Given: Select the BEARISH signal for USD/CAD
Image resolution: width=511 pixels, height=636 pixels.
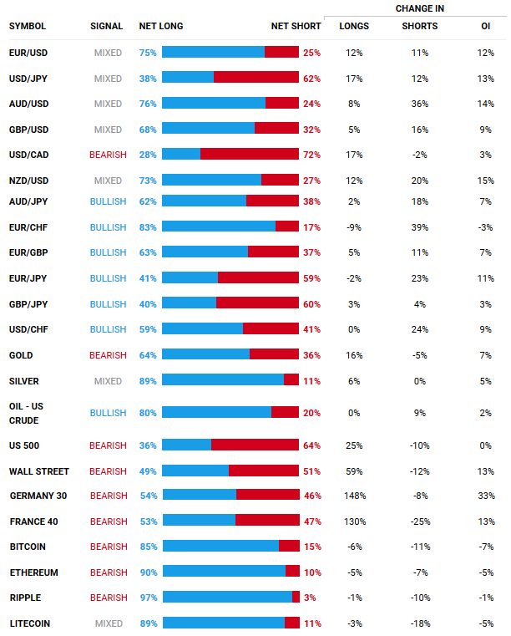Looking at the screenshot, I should (x=108, y=155).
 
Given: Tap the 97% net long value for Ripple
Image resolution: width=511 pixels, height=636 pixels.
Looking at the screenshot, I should (x=148, y=598).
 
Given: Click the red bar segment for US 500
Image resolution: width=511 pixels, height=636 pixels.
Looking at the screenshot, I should (x=255, y=445).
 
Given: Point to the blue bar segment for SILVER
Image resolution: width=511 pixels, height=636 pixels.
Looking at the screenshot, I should (x=223, y=379).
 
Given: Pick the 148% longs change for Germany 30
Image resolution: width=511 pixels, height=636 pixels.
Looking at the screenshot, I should (x=354, y=496).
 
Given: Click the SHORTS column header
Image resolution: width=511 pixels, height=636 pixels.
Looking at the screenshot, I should (x=419, y=26).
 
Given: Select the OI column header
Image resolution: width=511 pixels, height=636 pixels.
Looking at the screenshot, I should (x=485, y=26).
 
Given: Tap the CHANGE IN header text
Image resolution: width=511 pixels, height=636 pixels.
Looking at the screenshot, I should (x=419, y=8).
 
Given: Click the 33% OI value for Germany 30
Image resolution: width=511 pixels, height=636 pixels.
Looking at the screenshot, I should (x=485, y=496).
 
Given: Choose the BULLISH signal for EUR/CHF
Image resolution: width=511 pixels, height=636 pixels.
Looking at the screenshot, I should (x=108, y=226).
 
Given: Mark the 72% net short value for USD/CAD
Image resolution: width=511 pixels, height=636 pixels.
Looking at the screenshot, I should (x=311, y=155).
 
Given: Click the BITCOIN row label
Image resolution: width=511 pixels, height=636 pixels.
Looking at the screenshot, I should (x=28, y=547).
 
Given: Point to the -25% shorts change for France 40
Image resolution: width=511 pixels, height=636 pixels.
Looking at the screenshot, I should (x=419, y=522).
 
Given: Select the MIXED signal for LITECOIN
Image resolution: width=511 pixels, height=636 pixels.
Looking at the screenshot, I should (x=109, y=623).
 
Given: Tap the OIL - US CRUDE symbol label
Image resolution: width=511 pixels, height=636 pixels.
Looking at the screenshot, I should (x=28, y=413).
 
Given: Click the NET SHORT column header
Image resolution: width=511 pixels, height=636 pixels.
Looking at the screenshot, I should (x=296, y=26).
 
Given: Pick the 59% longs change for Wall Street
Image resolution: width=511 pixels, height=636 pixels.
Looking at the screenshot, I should (x=354, y=471).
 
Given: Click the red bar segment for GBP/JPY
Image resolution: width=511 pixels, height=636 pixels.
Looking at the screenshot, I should (x=257, y=303).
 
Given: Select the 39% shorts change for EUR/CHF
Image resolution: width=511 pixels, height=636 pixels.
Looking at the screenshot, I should (x=419, y=226).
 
